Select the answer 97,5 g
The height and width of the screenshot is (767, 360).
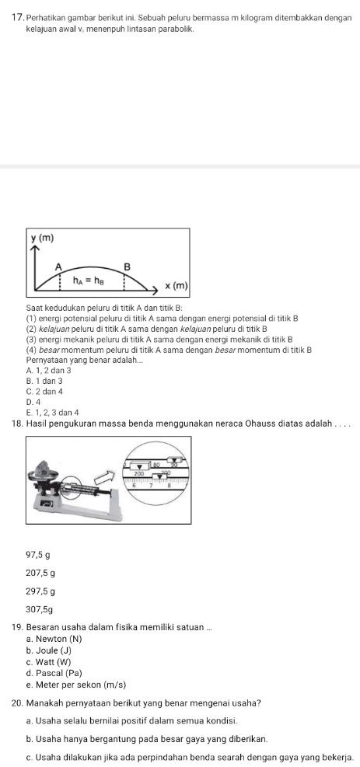(39, 532)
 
